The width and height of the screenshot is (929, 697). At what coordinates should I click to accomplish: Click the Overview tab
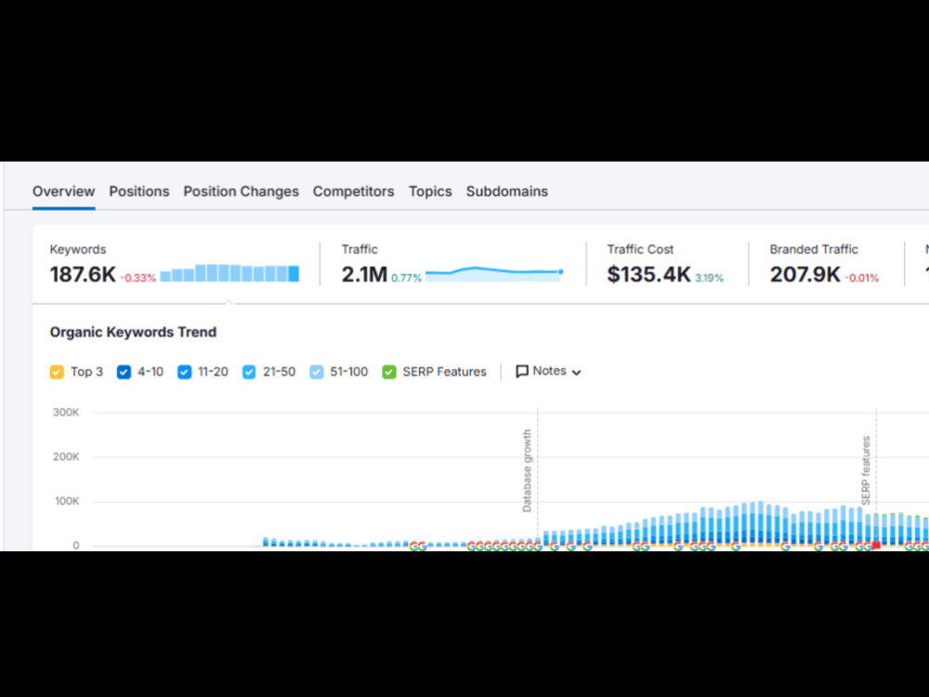click(x=63, y=191)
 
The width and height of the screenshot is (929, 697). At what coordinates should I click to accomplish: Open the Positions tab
click(x=139, y=191)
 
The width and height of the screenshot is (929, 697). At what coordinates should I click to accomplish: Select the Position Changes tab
click(x=242, y=191)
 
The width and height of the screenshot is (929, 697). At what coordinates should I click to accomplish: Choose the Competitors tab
click(x=354, y=191)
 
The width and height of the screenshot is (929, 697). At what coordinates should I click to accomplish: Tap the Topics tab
click(x=430, y=191)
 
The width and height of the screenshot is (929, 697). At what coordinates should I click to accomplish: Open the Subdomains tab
click(x=507, y=191)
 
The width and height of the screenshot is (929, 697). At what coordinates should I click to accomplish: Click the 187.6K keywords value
click(x=83, y=274)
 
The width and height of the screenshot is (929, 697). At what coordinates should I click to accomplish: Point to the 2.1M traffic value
click(x=364, y=274)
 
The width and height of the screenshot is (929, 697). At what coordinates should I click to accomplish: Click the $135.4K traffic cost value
click(x=648, y=274)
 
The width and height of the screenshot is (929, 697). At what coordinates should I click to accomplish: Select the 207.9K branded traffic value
click(x=805, y=274)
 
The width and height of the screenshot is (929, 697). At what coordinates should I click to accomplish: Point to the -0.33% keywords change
click(x=138, y=278)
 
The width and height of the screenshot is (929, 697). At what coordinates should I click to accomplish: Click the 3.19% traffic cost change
click(x=709, y=278)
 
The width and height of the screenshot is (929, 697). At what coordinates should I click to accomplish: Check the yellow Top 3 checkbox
click(x=57, y=372)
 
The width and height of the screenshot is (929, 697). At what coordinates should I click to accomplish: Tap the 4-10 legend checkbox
click(x=124, y=372)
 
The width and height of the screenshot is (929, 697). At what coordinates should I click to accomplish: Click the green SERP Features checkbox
click(x=389, y=372)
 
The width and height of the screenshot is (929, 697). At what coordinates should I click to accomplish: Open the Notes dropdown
click(x=549, y=371)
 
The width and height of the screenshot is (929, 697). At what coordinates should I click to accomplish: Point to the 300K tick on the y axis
click(x=66, y=413)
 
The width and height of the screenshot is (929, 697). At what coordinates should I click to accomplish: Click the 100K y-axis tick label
click(x=67, y=502)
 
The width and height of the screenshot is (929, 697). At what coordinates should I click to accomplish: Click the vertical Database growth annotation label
click(x=527, y=471)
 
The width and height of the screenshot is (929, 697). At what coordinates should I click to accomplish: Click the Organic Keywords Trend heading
click(x=133, y=332)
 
